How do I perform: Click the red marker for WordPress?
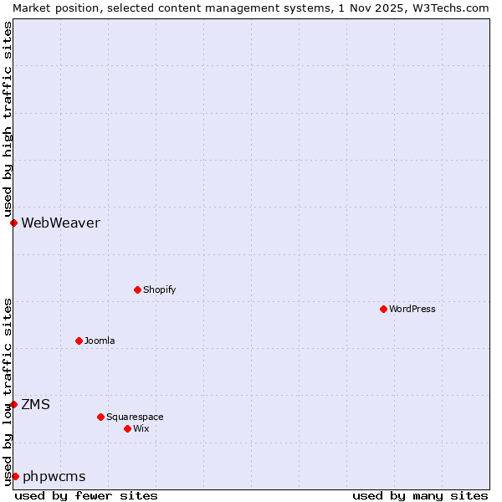click(x=383, y=309)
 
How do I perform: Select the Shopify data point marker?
click(x=137, y=289)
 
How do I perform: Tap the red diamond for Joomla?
click(x=79, y=341)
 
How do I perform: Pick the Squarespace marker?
click(x=100, y=417)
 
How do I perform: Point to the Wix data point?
click(x=127, y=428)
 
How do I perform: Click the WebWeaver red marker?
click(x=13, y=223)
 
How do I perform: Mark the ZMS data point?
click(x=13, y=404)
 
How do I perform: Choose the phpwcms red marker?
click(x=15, y=476)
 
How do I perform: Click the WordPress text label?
click(x=412, y=309)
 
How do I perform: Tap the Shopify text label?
click(x=159, y=289)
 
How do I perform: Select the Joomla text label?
click(x=100, y=341)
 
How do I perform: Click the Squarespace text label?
click(x=135, y=417)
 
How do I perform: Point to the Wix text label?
click(x=141, y=428)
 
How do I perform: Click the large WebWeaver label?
click(x=60, y=223)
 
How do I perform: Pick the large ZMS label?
click(x=35, y=404)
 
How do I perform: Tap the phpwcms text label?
click(x=54, y=476)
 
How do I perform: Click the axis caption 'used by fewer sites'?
click(x=86, y=495)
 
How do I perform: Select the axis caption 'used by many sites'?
click(x=420, y=495)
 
